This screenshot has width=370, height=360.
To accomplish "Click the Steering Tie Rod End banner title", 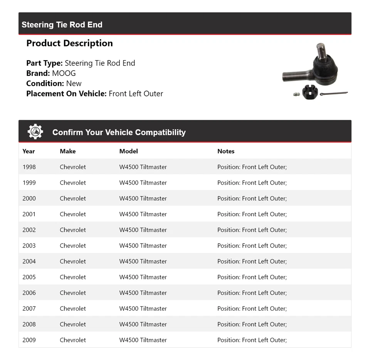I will tap(62, 25).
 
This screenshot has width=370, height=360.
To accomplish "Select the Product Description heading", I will tap(69, 43).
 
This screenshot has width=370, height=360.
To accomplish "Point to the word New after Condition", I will tap(74, 83).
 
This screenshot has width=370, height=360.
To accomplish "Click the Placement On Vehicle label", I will tap(66, 94).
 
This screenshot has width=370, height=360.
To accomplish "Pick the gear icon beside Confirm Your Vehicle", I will tap(35, 132).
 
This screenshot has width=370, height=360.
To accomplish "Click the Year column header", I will tap(29, 151).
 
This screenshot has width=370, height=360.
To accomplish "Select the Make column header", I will tap(68, 151).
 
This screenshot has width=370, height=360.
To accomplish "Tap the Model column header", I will tap(128, 151).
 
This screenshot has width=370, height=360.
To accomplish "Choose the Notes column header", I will tap(226, 151).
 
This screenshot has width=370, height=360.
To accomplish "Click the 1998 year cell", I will tap(29, 167).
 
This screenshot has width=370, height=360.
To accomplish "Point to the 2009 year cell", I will tap(29, 340).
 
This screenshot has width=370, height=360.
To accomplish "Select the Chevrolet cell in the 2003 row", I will tap(73, 246).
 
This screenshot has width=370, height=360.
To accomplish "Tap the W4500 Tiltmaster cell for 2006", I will tap(143, 293).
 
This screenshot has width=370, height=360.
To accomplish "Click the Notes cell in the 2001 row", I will tap(252, 214).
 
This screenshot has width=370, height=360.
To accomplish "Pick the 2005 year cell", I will tap(29, 277).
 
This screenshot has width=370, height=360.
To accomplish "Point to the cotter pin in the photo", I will tap(334, 93).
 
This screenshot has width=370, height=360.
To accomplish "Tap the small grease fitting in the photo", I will tap(296, 94).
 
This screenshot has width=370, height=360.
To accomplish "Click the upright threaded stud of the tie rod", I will tap(321, 50).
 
